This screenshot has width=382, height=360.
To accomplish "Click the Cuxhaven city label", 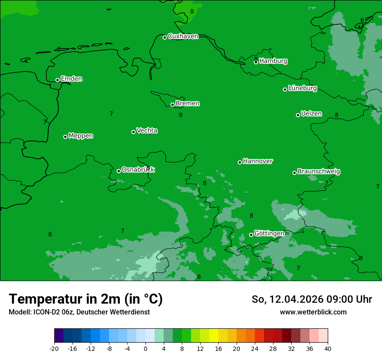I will tap(183, 36).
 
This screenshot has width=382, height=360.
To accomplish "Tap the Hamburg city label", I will tap(273, 61).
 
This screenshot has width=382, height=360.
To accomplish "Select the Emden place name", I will tap(71, 79).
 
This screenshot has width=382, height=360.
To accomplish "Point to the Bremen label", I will tap(188, 104).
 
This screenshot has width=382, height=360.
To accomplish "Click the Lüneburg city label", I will tap(303, 88).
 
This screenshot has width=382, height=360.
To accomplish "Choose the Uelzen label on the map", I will tap(311, 114).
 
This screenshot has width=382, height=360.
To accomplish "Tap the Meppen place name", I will tap(81, 136).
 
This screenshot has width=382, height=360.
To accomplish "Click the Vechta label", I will tap(147, 131).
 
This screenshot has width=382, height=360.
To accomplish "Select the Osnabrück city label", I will tap(138, 170).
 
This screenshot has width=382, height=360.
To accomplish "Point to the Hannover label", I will tap(258, 161).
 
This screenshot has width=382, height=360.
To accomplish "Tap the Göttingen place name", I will tap(269, 234).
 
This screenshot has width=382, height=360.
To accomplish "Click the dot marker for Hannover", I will tap(240, 162).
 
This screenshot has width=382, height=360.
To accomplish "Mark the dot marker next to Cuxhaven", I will tap(165, 37).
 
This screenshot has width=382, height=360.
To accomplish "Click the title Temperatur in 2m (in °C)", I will tap(86, 299).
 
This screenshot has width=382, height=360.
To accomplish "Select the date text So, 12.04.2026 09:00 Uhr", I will tap(312, 299).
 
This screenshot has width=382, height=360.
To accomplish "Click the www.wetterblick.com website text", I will tap(313, 312).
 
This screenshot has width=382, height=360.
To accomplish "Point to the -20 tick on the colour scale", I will tap(54, 348).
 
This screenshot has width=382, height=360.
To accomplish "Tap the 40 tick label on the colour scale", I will tap(328, 348).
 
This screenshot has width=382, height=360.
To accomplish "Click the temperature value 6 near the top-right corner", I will tap(362, 20).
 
